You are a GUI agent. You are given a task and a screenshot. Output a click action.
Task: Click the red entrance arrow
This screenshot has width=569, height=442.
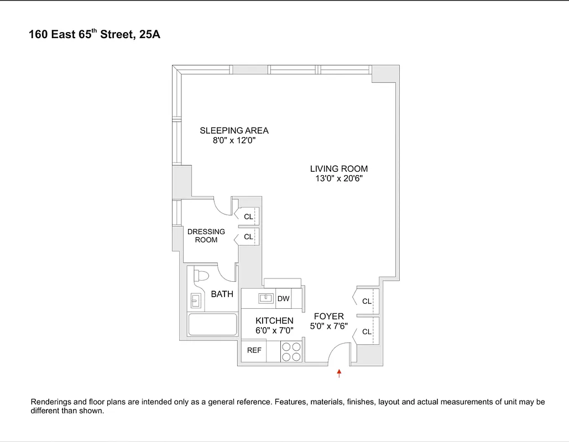coord(340,374)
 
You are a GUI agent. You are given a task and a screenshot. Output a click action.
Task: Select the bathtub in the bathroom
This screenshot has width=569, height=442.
coord(212,324)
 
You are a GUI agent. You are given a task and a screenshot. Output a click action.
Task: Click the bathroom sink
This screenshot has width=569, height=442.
coord(196,301)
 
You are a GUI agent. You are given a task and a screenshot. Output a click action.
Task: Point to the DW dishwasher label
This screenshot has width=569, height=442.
coord(283,299)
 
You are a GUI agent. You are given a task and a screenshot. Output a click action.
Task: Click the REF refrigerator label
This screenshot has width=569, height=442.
coord(254,350)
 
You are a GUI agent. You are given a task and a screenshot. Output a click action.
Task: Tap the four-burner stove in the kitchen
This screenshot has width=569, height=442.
coord(291,351)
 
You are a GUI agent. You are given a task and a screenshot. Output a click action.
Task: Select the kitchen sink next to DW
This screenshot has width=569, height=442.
coord(266,298)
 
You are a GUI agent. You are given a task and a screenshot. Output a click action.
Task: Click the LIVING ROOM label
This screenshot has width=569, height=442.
coord(338,169)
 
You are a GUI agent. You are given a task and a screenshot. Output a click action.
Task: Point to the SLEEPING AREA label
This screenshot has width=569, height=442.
coord(234,131)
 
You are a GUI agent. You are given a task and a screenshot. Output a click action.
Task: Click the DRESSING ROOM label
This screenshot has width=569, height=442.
coord(206,236)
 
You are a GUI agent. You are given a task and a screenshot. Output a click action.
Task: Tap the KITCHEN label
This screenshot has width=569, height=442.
coord(274,320)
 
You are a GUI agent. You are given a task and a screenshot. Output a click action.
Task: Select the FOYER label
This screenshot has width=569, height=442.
coord(328,317)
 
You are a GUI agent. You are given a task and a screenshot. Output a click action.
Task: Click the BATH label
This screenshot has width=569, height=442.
coord(222,294)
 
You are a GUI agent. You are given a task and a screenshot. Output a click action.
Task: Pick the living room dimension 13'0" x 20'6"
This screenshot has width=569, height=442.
coord(338,179)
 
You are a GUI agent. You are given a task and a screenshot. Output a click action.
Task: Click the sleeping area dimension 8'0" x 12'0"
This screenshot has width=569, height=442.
coord(234,141)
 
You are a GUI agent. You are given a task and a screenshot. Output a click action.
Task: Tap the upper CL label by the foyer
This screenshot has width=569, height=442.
coord(367,301)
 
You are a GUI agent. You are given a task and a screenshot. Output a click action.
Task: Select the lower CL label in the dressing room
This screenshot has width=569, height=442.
coord(248,236)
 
